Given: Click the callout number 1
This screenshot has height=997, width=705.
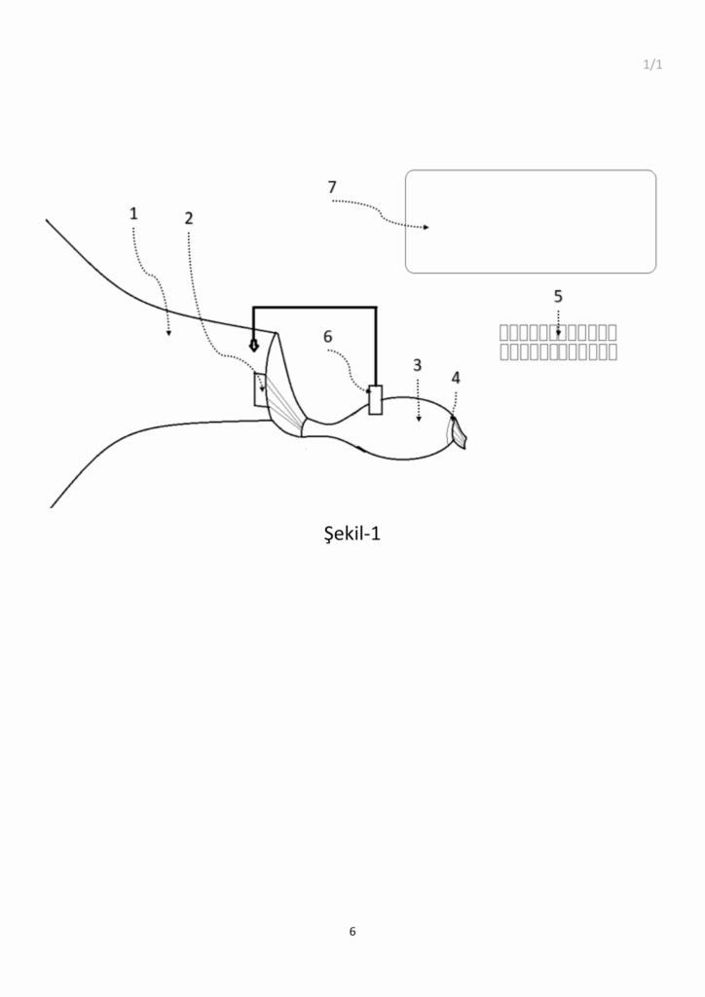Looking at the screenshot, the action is pyautogui.click(x=133, y=213).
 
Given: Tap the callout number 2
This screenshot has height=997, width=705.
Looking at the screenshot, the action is pyautogui.click(x=189, y=218).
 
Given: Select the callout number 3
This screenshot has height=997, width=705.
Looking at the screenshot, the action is pyautogui.click(x=417, y=365).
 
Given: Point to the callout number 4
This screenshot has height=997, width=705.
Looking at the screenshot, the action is pyautogui.click(x=456, y=378).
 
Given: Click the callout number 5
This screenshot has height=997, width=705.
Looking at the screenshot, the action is pyautogui.click(x=558, y=296).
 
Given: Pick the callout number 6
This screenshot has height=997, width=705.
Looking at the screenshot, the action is pyautogui.click(x=327, y=336).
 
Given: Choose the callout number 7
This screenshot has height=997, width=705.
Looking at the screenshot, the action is pyautogui.click(x=332, y=188).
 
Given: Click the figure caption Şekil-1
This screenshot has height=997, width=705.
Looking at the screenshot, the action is pyautogui.click(x=352, y=534).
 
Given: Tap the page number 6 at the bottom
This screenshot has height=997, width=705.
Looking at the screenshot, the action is pyautogui.click(x=352, y=932).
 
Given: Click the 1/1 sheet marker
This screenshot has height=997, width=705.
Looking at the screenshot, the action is pyautogui.click(x=652, y=64).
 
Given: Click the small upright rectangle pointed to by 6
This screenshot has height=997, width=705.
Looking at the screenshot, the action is pyautogui.click(x=376, y=400).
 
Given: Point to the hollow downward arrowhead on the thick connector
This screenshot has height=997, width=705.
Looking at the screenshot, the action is pyautogui.click(x=253, y=346).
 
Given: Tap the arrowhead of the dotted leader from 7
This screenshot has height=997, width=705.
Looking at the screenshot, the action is pyautogui.click(x=426, y=227).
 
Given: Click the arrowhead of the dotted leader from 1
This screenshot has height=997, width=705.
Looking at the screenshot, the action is pyautogui.click(x=168, y=333).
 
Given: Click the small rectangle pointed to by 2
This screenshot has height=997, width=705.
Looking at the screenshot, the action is pyautogui.click(x=260, y=388).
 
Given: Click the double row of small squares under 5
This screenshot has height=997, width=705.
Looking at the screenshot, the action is pyautogui.click(x=558, y=342).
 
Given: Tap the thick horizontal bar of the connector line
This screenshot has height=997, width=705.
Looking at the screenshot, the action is pyautogui.click(x=315, y=308).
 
